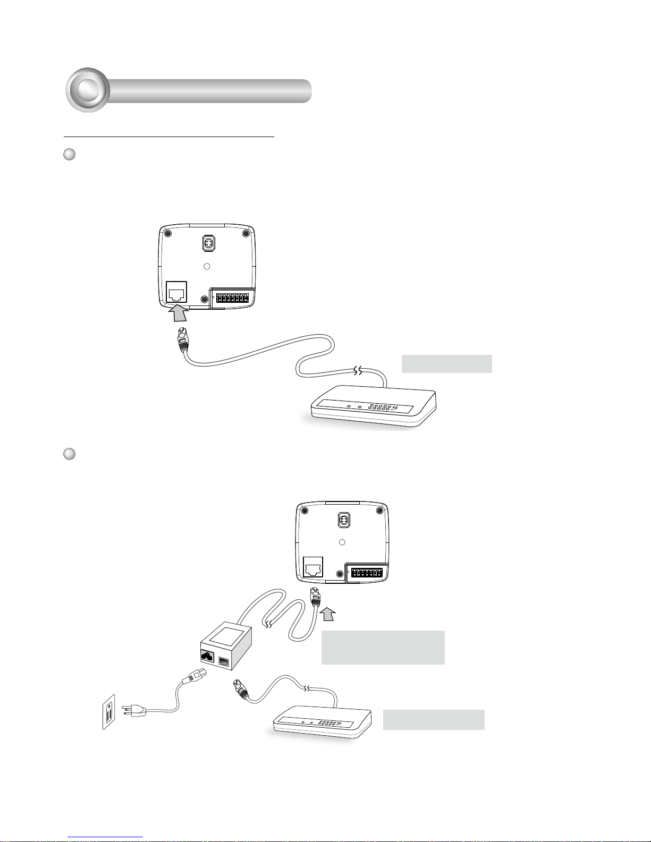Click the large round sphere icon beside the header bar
88,90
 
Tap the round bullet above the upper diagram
69,155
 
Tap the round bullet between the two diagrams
69,454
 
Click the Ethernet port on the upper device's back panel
176,292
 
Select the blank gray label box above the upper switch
446,364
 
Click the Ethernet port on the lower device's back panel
312,568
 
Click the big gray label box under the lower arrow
383,647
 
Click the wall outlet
109,715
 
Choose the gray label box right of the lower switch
434,719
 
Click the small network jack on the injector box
224,661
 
